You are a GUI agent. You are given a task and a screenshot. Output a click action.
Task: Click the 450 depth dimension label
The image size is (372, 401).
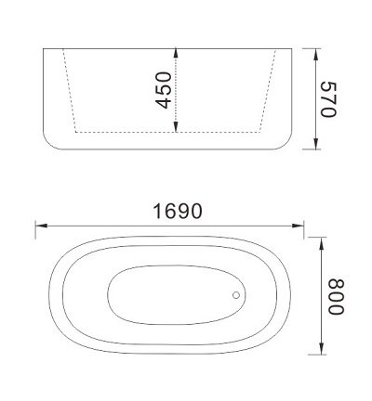164,90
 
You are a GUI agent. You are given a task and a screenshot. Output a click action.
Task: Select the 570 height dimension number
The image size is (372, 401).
325,98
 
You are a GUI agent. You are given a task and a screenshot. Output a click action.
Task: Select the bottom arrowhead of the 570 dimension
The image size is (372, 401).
314,149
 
